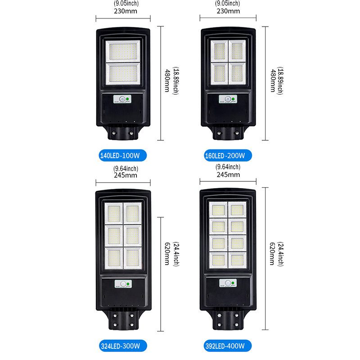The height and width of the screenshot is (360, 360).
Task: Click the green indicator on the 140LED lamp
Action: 128,99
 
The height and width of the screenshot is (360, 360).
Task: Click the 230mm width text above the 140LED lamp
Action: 122,11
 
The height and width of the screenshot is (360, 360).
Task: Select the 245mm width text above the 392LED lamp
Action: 228,175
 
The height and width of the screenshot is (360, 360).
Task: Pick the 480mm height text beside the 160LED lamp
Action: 273,81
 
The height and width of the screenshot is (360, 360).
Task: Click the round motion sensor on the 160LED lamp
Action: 227,99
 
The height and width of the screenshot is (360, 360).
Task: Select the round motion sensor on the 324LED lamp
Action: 121,284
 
